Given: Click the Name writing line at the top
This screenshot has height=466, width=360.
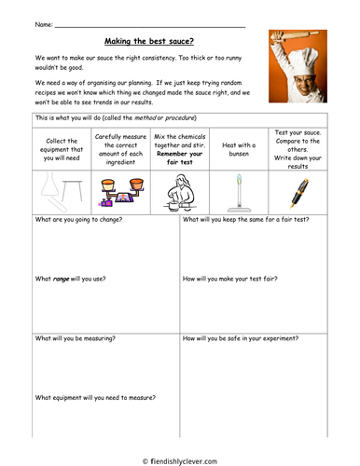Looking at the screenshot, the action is [x=149, y=23].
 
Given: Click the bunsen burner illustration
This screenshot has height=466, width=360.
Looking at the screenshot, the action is [x=240, y=192].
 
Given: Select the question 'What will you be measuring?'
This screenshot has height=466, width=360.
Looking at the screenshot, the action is [x=76, y=338].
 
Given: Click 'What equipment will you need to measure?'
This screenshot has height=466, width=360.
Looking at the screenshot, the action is [x=95, y=397].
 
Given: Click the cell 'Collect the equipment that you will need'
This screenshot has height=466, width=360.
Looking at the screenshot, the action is [x=64, y=149].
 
